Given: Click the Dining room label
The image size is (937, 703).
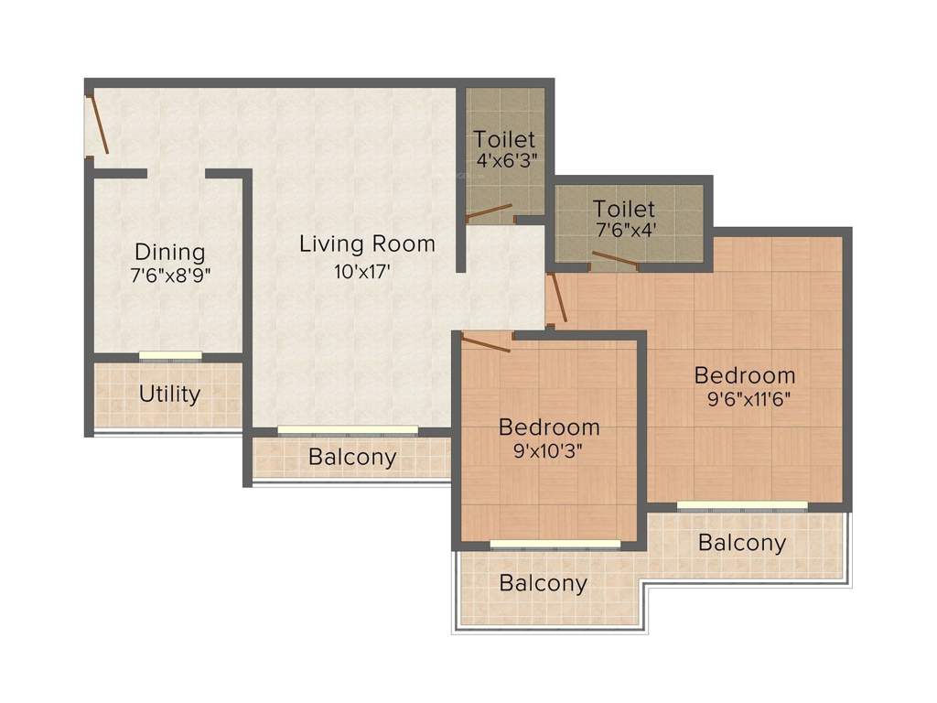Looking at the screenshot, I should [169, 252].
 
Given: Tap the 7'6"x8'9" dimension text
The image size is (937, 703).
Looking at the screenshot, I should [170, 274].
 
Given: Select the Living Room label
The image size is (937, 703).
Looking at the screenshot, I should [367, 244].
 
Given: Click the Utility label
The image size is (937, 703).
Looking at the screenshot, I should [169, 395].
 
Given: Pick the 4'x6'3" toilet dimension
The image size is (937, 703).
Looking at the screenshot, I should [505, 158].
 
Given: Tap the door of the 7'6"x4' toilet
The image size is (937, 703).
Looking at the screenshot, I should [615, 260].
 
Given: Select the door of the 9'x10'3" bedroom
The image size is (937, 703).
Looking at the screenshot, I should [486, 344].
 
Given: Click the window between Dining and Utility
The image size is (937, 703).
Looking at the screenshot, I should [170, 356].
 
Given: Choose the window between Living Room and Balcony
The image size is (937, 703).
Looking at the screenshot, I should [348, 429].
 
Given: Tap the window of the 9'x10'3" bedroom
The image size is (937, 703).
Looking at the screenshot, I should [555, 545].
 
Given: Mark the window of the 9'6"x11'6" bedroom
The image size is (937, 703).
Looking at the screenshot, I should [742, 505].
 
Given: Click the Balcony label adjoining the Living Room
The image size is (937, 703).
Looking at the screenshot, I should [352, 458].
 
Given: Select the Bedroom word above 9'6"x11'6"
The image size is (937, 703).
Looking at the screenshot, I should [744, 375].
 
